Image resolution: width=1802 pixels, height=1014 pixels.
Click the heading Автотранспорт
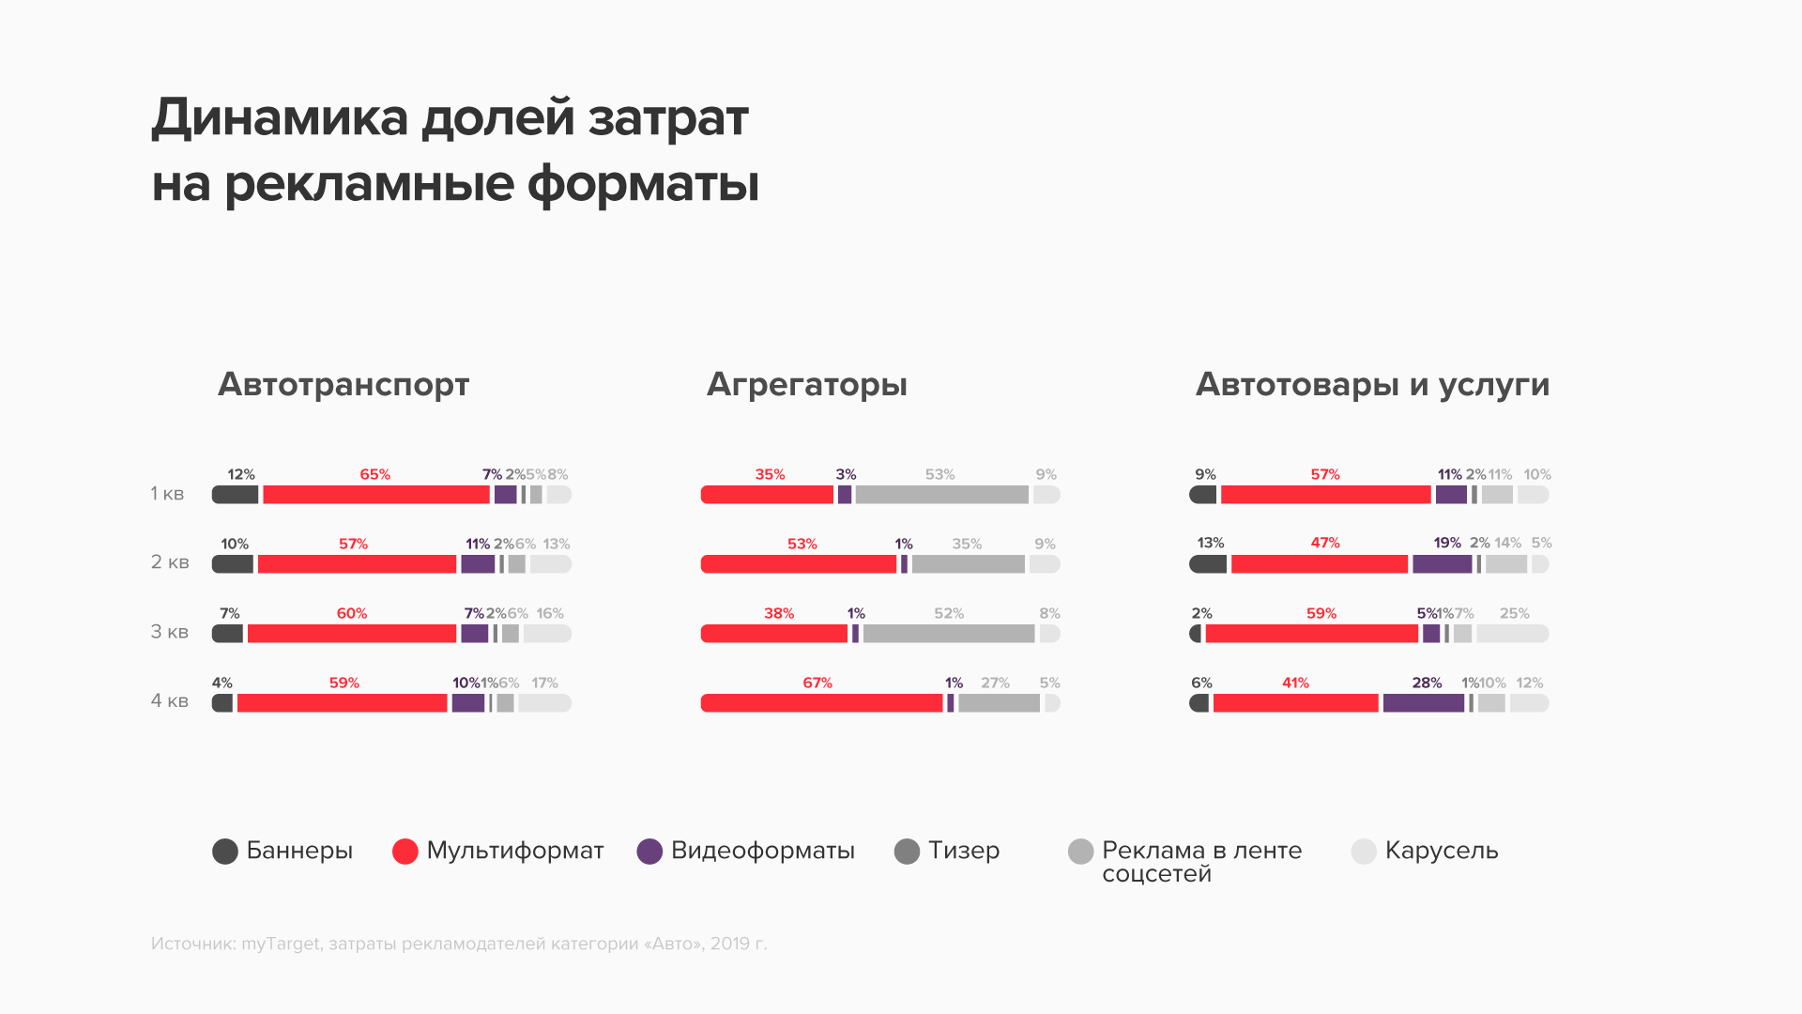(344, 384)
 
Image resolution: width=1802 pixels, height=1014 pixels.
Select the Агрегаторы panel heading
(806, 384)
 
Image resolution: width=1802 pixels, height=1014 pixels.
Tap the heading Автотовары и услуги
(1372, 384)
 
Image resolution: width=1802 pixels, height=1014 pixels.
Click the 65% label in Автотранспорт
(374, 474)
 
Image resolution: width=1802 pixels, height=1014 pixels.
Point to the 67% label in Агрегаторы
(817, 683)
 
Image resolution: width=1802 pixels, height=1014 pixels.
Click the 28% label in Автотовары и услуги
(1427, 683)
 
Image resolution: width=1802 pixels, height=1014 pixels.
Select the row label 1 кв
(167, 494)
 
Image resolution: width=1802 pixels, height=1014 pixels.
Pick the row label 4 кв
(170, 701)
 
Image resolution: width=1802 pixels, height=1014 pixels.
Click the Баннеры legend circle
(225, 852)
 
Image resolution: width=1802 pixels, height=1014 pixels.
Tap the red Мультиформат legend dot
(405, 852)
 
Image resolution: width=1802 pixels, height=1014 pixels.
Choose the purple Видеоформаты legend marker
(649, 852)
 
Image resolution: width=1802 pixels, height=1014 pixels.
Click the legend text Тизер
(964, 851)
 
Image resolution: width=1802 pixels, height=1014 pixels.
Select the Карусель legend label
(1442, 851)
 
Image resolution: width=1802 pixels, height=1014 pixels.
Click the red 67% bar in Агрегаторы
(821, 703)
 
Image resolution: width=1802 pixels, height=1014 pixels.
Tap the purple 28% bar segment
(1423, 703)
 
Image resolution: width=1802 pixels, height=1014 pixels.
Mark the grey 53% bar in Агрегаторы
(941, 495)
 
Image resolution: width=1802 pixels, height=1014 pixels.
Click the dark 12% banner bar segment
(235, 495)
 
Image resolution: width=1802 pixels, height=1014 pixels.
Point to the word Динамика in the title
(280, 119)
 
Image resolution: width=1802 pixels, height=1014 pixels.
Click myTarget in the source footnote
(280, 944)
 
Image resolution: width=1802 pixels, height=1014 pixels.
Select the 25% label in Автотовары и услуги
(1514, 613)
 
